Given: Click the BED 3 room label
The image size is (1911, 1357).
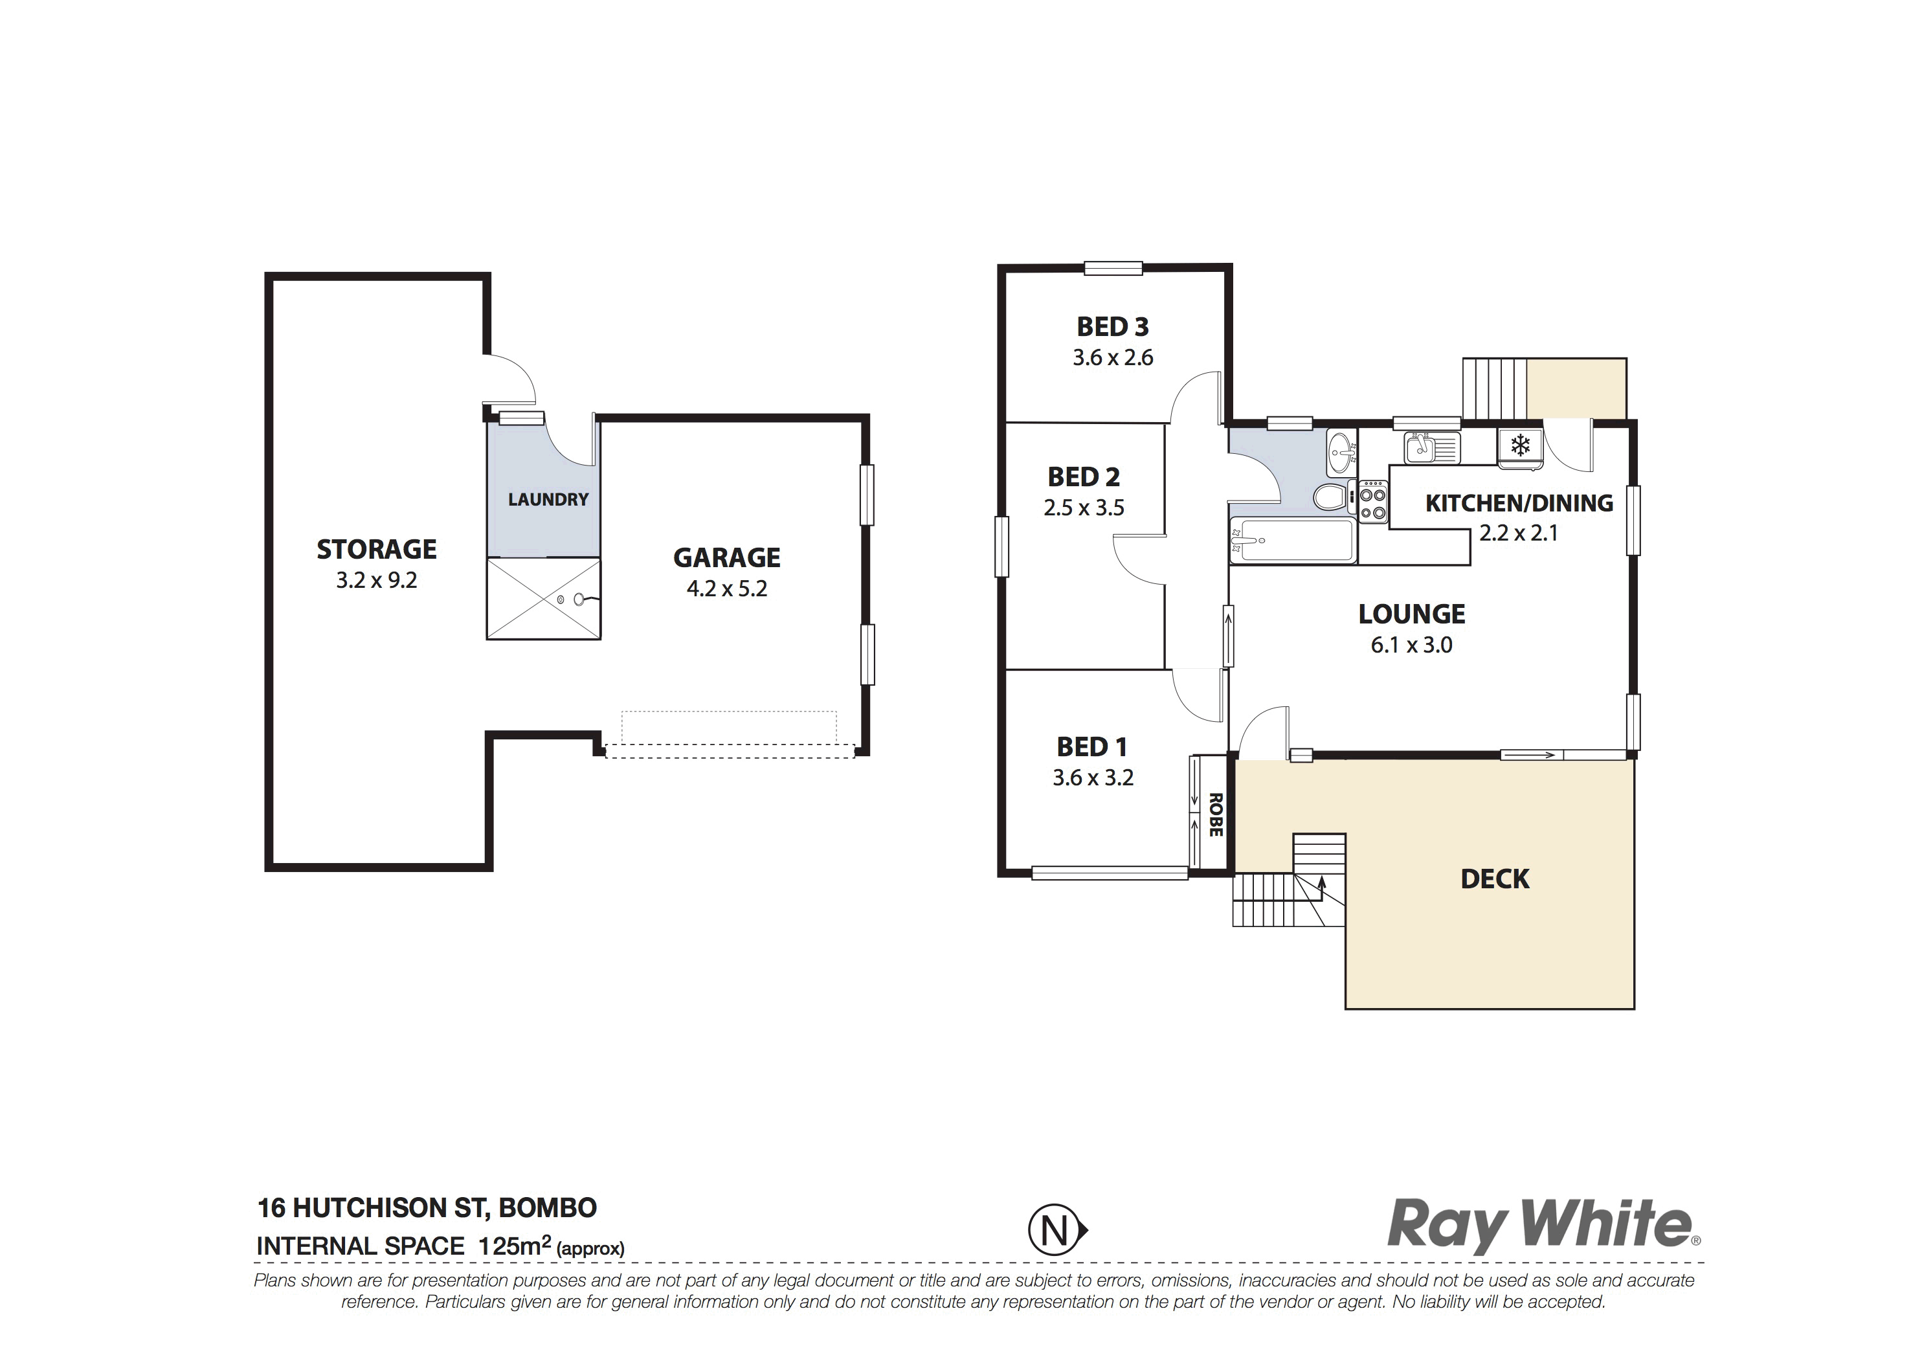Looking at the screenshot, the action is coord(1112,327).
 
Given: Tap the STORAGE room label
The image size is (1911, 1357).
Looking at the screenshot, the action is coord(376,549).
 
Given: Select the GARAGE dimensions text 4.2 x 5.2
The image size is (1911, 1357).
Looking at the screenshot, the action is coord(727,589).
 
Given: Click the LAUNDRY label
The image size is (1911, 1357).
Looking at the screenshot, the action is coord(548,500).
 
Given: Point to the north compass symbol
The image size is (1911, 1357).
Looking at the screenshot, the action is coord(1057,1231).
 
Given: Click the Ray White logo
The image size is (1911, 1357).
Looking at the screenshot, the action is coord(1543,1226).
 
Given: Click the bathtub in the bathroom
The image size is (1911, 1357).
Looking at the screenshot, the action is coord(1292,540).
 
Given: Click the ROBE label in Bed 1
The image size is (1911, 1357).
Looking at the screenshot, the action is coord(1216,814).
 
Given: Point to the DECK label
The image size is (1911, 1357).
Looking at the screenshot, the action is coord(1495,879).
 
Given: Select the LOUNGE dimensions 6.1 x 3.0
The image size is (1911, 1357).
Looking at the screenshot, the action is coord(1411,645).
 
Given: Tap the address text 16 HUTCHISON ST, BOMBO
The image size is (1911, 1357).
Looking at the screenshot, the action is coord(427,1208).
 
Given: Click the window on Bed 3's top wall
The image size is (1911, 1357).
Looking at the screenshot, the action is coord(1113,268).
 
